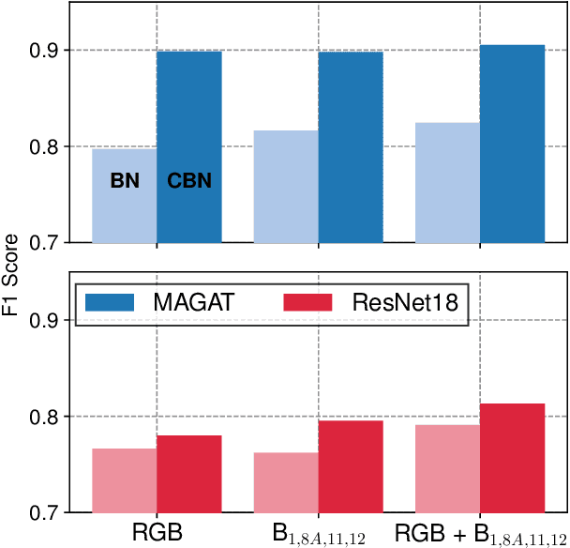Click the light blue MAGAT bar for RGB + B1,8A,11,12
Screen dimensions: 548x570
447,182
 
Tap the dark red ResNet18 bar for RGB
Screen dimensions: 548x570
189,474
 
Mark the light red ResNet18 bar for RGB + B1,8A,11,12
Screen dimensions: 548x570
447,468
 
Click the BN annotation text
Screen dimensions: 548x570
125,181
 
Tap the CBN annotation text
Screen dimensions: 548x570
189,181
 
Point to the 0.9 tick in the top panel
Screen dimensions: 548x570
52,50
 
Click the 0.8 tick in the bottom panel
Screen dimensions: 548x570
52,417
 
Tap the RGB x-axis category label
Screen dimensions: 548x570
157,533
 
